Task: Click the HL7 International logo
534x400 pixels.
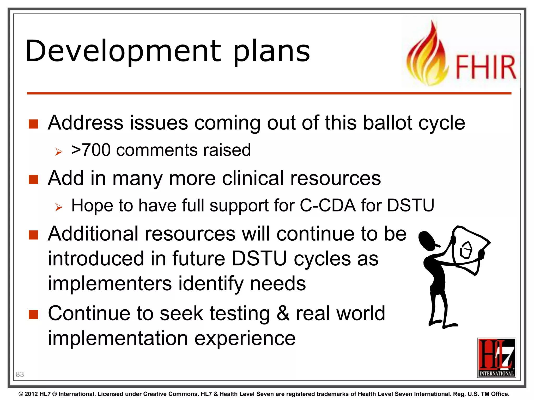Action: click(x=496, y=358)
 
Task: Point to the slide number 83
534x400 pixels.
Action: click(x=20, y=374)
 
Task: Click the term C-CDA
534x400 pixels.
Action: click(x=327, y=205)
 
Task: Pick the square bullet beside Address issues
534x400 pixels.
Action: click(x=34, y=124)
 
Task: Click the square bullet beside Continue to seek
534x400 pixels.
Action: click(x=34, y=315)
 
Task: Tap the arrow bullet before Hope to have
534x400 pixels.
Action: click(x=59, y=207)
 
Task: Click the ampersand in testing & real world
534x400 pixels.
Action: click(x=283, y=313)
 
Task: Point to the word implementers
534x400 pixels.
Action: click(x=110, y=283)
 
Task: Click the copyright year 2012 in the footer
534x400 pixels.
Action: click(x=31, y=394)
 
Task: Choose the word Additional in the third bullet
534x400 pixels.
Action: click(x=93, y=234)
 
